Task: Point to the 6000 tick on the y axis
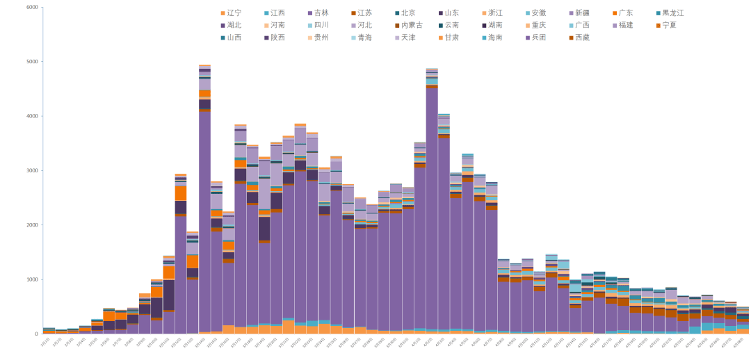pos(32,7)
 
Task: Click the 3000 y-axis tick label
pos(32,170)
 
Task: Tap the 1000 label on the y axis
pos(32,279)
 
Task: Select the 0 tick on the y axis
pos(36,334)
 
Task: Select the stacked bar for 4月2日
pos(431,208)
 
